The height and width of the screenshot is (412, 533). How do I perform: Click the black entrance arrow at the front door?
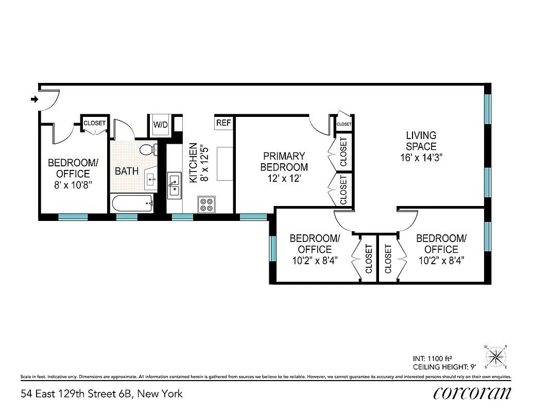(x=35, y=99)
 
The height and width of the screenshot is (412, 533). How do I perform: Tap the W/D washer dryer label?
(x=160, y=125)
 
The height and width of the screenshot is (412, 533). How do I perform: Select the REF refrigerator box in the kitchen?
(x=223, y=123)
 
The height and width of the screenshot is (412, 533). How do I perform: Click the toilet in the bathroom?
(x=147, y=150)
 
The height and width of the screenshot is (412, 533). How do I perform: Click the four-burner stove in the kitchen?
(x=207, y=204)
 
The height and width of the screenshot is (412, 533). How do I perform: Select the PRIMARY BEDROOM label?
(x=284, y=161)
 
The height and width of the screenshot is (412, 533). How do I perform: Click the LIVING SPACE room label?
(x=421, y=141)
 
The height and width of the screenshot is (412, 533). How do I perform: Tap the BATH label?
(x=127, y=171)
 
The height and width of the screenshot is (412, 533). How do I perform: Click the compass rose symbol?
(x=496, y=356)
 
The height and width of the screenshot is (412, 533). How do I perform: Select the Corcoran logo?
(x=472, y=393)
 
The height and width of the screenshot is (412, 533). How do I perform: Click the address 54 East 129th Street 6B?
(x=101, y=394)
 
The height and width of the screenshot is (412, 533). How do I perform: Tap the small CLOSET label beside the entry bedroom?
(x=94, y=123)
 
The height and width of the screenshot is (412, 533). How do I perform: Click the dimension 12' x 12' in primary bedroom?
(x=284, y=179)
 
